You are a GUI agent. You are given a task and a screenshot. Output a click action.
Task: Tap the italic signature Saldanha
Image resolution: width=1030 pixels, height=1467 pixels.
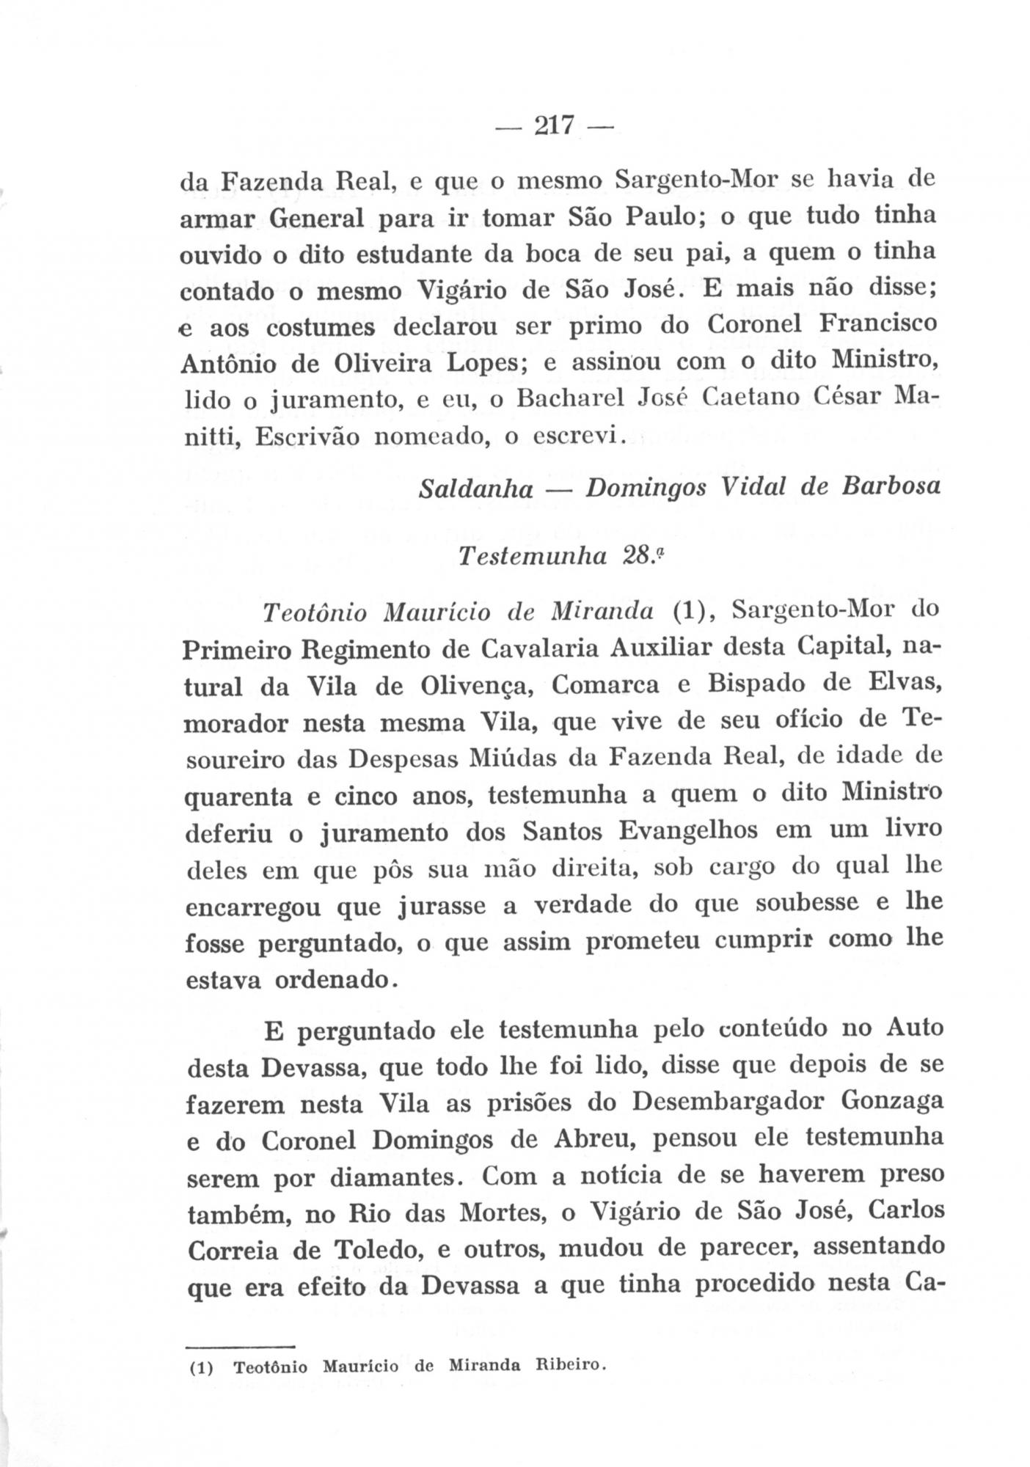point(475,489)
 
